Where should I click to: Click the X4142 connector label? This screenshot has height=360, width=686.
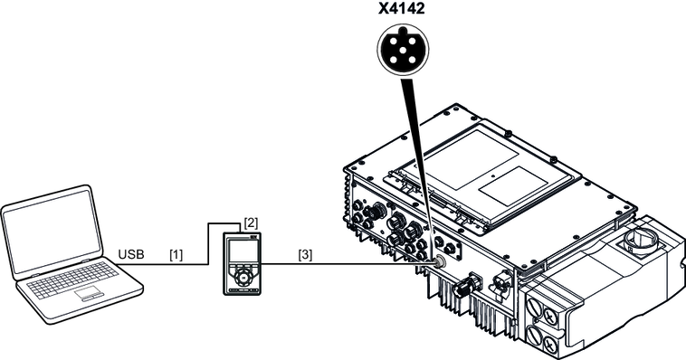click(x=401, y=9)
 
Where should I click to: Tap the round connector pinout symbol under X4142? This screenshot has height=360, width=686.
click(x=403, y=48)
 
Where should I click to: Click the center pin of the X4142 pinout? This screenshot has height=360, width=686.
click(x=403, y=50)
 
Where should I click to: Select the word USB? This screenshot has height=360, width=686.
click(x=131, y=254)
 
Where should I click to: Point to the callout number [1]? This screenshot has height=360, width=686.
click(x=176, y=254)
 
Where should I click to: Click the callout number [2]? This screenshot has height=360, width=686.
click(x=251, y=223)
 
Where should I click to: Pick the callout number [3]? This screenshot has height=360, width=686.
click(x=305, y=254)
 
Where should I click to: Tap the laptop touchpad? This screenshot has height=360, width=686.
click(x=89, y=293)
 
